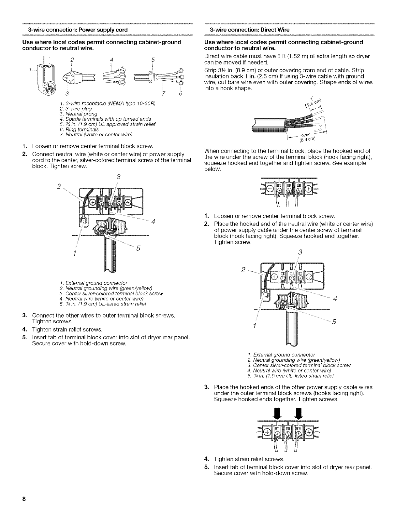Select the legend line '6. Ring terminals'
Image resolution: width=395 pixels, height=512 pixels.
point(71,129)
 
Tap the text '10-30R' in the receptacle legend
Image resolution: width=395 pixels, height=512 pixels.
point(147,104)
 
